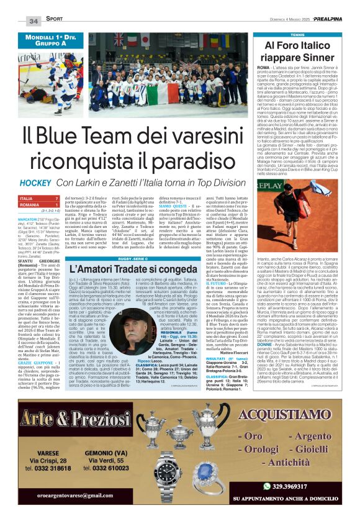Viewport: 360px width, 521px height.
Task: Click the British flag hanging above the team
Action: pyautogui.click(x=119, y=39)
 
